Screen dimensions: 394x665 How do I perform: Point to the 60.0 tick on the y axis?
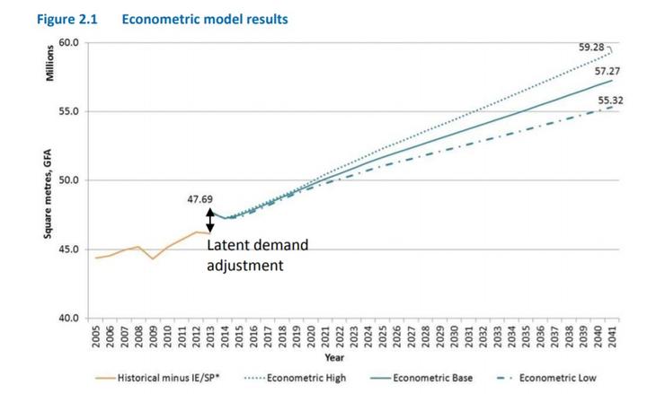tap(68, 43)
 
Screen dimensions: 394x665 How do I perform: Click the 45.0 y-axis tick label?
tap(68, 250)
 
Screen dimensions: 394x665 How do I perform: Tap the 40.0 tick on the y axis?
tap(68, 319)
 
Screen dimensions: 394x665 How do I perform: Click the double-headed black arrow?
tap(210, 221)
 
